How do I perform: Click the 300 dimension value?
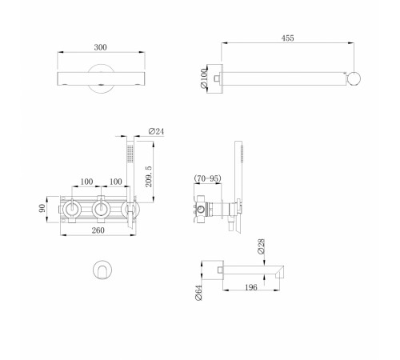click(x=100, y=47)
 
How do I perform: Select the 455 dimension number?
click(x=287, y=38)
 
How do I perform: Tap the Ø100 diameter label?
click(x=203, y=78)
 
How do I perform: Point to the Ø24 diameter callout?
click(x=157, y=131)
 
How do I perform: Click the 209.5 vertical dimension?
click(x=149, y=176)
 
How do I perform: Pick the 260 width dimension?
click(x=98, y=230)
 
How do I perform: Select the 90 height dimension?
click(x=42, y=208)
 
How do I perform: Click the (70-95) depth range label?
click(x=208, y=178)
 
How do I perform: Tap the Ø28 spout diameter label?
click(x=261, y=246)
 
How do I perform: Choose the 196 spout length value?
click(x=251, y=287)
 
